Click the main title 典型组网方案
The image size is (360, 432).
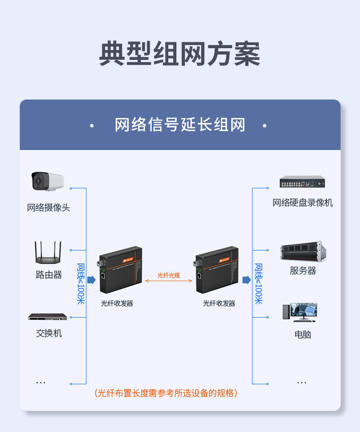(x=180, y=54)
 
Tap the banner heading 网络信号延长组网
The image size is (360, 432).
(x=180, y=125)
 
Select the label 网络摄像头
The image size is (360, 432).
(x=49, y=208)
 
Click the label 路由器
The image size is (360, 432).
(x=49, y=275)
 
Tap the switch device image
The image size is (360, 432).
(x=48, y=317)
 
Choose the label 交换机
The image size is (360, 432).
(x=49, y=333)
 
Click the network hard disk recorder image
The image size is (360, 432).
(x=302, y=182)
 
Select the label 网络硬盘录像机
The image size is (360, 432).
(x=302, y=203)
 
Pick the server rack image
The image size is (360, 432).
(x=303, y=251)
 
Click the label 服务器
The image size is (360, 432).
(x=303, y=271)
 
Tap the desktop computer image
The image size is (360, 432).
(x=300, y=312)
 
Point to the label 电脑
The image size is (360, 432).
(x=303, y=334)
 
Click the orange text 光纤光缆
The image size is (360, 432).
(x=169, y=275)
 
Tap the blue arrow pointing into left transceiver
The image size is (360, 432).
(x=91, y=280)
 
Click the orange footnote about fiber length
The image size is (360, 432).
(x=166, y=393)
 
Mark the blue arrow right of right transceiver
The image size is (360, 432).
(x=246, y=280)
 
